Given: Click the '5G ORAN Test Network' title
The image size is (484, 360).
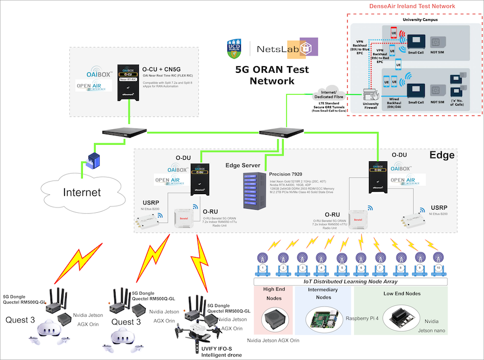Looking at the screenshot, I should pyautogui.click(x=272, y=75).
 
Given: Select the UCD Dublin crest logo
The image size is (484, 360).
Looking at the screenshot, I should pyautogui.click(x=235, y=48).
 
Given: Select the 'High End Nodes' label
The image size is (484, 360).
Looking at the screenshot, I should pyautogui.click(x=273, y=293).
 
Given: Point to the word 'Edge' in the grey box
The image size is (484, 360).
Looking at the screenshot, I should pyautogui.click(x=442, y=155).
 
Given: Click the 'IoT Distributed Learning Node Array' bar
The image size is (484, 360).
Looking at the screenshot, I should pyautogui.click(x=351, y=281).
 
